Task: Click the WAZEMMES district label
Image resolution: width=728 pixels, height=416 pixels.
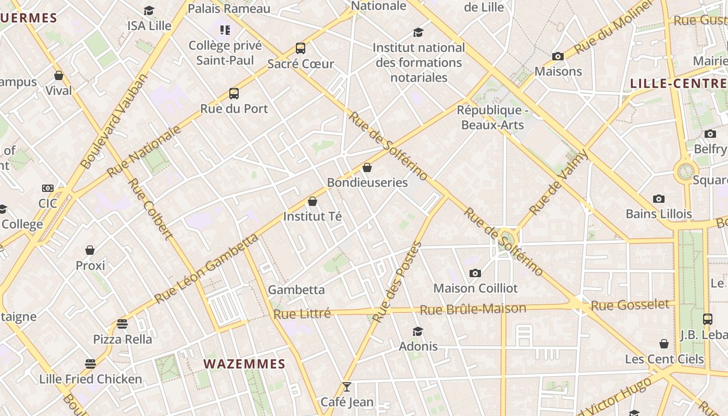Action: (244, 364)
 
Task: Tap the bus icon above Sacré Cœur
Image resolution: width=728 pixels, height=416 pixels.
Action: (301, 48)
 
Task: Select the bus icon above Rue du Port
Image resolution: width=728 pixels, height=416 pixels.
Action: (234, 94)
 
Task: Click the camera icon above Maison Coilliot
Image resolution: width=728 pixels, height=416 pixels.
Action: (475, 273)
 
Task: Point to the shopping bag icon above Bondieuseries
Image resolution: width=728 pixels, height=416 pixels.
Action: (367, 167)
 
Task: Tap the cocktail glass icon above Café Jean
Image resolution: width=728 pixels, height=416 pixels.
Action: (347, 387)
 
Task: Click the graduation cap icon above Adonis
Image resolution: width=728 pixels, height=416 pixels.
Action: (418, 331)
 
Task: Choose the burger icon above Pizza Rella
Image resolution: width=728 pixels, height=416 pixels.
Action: (122, 324)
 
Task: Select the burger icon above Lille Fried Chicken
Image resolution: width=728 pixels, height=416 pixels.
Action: (90, 363)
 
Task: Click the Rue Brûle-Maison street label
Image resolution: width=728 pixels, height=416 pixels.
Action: (473, 309)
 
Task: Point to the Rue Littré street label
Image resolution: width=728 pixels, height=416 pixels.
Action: (302, 314)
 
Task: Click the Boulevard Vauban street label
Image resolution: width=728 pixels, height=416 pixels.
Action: (114, 122)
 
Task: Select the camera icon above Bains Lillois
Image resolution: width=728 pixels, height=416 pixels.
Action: (659, 199)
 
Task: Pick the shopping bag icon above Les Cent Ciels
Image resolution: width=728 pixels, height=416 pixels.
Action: (664, 344)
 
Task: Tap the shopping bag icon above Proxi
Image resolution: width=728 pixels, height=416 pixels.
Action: (90, 250)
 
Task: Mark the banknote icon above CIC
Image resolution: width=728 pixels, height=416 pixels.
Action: (48, 188)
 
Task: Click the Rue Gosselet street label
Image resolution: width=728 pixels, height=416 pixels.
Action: (630, 305)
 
